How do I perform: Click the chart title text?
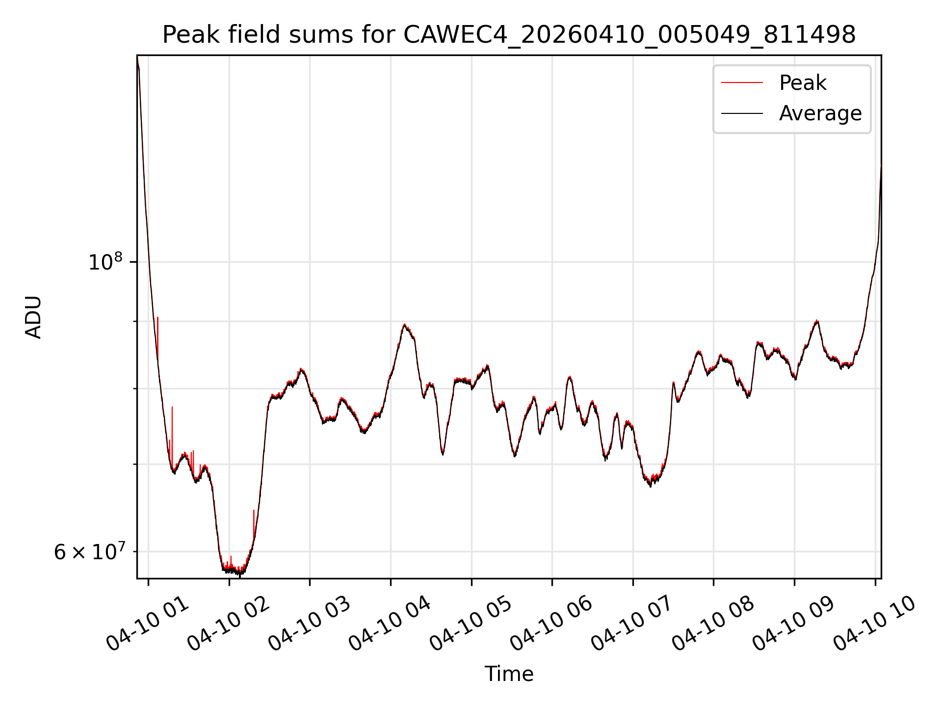click(x=509, y=35)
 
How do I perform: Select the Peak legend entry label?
click(x=803, y=83)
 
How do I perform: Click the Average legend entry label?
click(x=820, y=113)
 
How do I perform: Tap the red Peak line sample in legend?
click(x=742, y=83)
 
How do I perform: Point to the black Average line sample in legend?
click(x=742, y=113)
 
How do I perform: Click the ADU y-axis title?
click(x=33, y=317)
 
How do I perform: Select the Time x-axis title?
click(x=509, y=674)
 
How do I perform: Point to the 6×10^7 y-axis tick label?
click(x=90, y=552)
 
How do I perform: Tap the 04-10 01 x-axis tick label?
click(x=148, y=625)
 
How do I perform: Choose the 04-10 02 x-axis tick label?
click(x=229, y=625)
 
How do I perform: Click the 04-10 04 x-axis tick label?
click(x=391, y=625)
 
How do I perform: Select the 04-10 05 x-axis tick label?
click(x=471, y=625)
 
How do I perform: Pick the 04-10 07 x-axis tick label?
click(x=633, y=625)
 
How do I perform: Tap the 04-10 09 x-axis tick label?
click(x=794, y=625)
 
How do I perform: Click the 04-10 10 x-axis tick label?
click(x=875, y=625)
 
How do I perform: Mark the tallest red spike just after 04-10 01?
click(x=157, y=318)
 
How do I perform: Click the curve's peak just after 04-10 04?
click(x=404, y=325)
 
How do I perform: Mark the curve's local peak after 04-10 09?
click(x=816, y=321)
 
